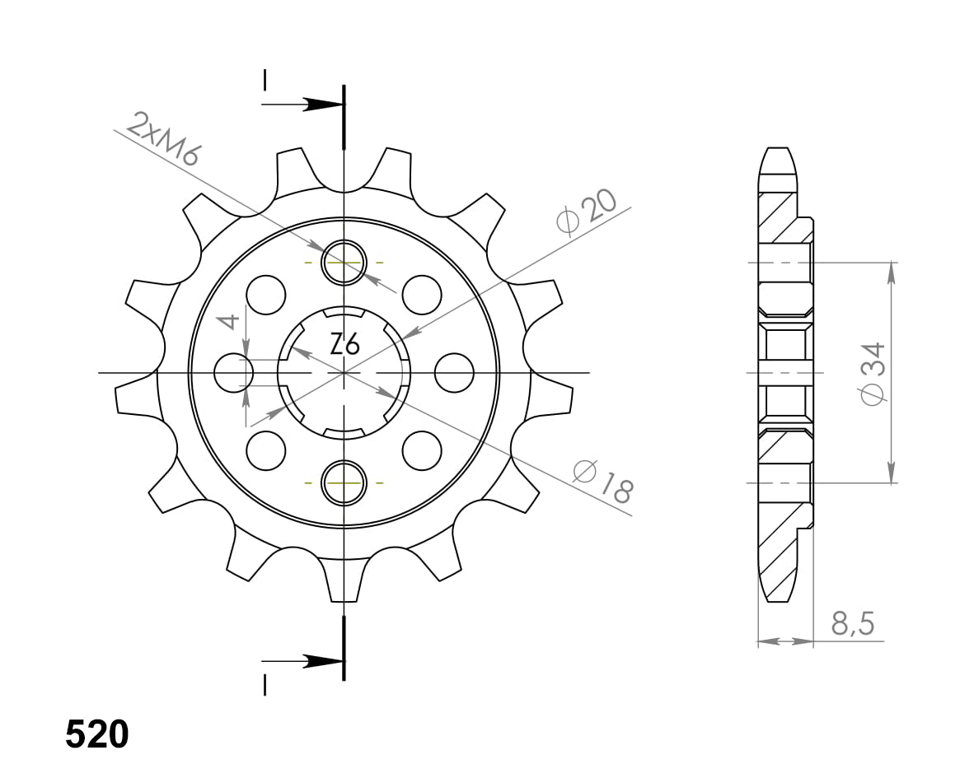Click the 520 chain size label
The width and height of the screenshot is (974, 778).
97,734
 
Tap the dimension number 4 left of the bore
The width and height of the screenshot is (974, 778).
232,322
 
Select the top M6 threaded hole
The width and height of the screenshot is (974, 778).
344,263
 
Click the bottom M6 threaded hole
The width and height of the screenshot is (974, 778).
344,482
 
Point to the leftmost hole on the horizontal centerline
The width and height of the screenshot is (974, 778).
234,373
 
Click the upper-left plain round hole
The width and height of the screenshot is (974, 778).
266,295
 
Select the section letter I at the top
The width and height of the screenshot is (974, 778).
265,79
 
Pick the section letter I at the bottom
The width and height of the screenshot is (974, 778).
265,685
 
